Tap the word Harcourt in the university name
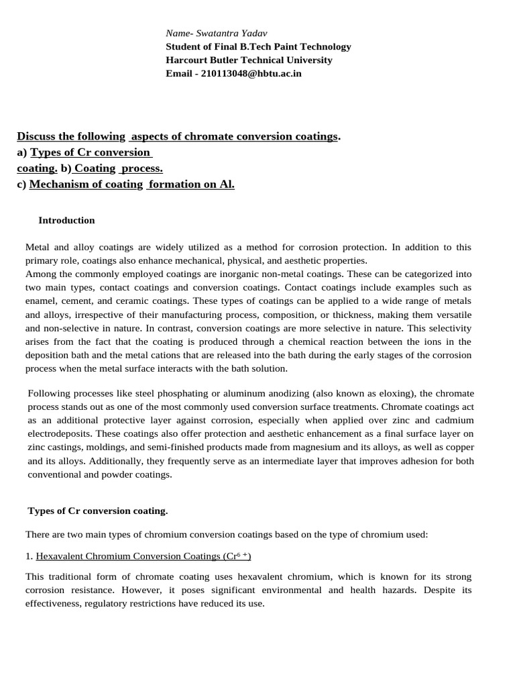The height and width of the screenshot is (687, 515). pos(188,60)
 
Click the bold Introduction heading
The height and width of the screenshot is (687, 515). pos(66,220)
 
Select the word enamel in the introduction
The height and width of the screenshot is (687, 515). pos(42,301)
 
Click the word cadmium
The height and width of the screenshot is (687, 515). pos(453,420)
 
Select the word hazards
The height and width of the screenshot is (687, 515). pos(414,590)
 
